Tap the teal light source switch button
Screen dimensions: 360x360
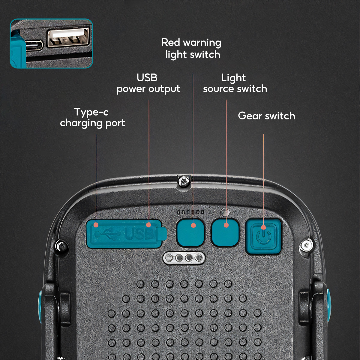point(225,232)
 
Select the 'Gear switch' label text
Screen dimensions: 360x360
point(267,116)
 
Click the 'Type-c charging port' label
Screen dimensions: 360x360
point(92,118)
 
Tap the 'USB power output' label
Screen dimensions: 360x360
point(148,83)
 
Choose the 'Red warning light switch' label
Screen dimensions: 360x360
point(191,49)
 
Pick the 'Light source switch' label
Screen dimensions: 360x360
point(235,83)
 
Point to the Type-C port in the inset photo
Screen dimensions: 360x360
point(34,46)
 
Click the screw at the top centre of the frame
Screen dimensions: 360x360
point(184,181)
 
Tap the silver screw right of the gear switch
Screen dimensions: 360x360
point(306,245)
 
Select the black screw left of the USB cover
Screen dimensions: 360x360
point(61,245)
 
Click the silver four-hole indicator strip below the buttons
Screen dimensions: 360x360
point(184,258)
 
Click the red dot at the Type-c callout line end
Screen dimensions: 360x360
point(96,225)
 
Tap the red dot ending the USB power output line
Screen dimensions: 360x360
point(149,225)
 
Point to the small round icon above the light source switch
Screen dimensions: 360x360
point(225,212)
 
